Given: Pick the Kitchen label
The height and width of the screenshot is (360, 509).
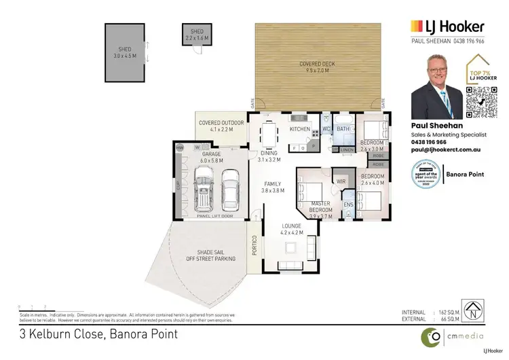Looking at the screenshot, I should click(x=299, y=128).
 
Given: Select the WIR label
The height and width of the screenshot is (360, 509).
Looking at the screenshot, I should click(x=341, y=181).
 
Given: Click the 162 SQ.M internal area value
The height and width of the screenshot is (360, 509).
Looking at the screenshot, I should click(x=447, y=312).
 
